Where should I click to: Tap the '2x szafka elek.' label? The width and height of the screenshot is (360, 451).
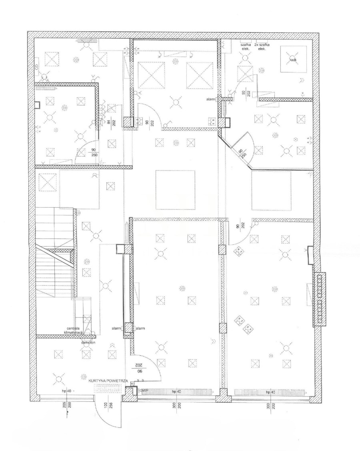[x=262, y=47]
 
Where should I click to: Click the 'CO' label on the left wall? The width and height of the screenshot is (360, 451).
[x=36, y=68]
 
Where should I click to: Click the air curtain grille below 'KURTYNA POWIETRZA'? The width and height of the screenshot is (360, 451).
[x=109, y=387]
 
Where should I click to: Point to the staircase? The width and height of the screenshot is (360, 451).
[x=54, y=252]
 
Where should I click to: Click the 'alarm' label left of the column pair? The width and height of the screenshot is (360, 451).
[x=116, y=328]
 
